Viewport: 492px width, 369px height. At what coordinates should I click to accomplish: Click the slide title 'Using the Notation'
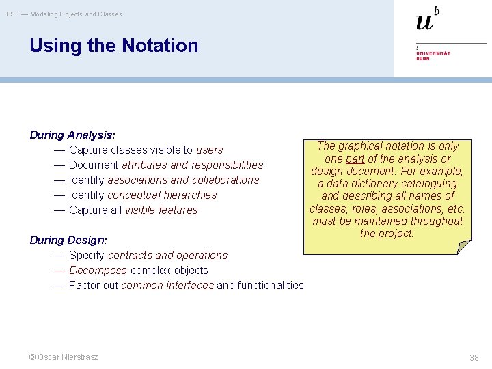pos(113,46)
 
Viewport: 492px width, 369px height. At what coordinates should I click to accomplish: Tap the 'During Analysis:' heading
pos(72,135)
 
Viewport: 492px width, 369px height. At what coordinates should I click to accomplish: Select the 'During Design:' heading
pos(68,240)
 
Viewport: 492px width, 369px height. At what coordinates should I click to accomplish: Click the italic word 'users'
pos(209,150)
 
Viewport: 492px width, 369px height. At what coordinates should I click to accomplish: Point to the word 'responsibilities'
pos(226,165)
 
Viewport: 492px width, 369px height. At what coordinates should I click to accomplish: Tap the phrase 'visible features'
pos(161,210)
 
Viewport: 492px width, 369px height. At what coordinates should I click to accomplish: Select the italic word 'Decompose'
pos(98,270)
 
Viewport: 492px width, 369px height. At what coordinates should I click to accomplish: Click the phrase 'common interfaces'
pos(167,285)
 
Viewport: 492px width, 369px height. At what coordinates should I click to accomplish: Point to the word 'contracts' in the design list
pos(131,255)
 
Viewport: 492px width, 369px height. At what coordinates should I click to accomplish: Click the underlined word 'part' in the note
pos(355,159)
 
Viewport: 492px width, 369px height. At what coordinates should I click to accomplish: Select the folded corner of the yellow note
pos(464,247)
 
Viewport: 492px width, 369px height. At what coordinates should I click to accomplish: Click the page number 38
pos(474,357)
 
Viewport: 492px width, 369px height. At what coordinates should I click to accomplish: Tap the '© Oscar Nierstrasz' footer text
pos(64,357)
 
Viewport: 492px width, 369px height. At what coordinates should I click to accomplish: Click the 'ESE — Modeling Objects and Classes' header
pos(64,14)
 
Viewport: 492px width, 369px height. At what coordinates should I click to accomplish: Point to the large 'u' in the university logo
pos(424,23)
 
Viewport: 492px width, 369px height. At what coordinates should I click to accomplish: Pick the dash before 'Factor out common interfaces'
pos(59,285)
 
